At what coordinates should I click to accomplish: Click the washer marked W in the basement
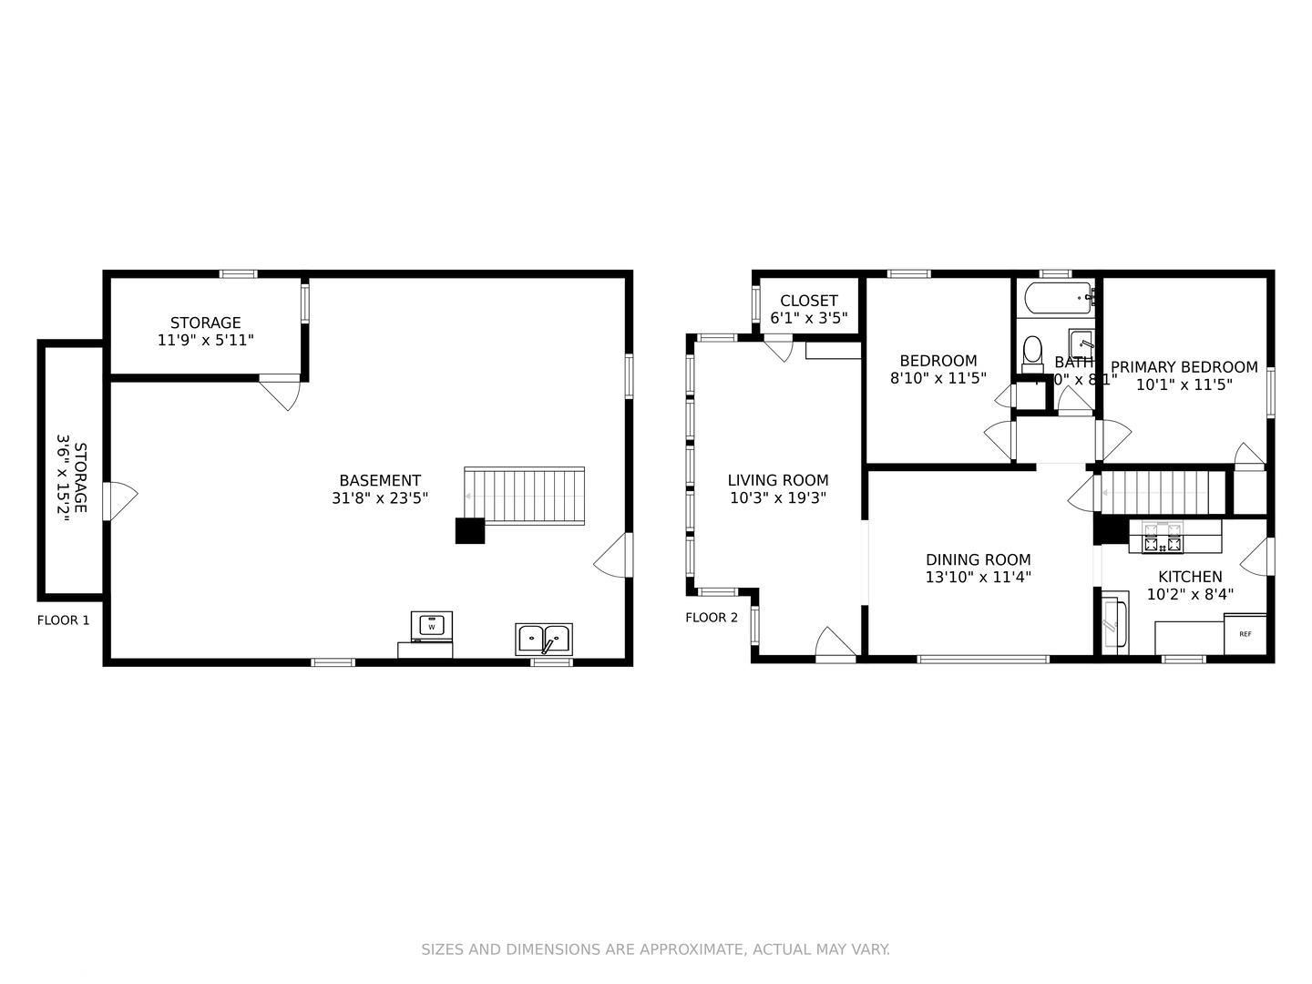click(x=432, y=626)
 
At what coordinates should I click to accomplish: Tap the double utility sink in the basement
click(x=544, y=639)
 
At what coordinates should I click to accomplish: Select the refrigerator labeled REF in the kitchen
click(x=1245, y=634)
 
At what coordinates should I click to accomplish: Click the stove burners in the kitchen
click(x=1163, y=537)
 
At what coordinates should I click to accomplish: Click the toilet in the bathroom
click(x=1032, y=353)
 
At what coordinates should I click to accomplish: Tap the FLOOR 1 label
click(x=63, y=620)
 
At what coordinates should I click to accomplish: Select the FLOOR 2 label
click(x=712, y=618)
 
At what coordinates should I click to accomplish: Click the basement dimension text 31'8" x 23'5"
click(x=380, y=498)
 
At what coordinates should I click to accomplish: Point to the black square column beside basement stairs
click(x=470, y=530)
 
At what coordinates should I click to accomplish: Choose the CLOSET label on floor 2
click(x=808, y=301)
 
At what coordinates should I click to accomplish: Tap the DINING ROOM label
click(x=978, y=560)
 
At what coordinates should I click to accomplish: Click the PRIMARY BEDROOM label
click(x=1184, y=367)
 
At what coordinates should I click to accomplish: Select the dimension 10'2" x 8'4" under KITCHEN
click(x=1190, y=594)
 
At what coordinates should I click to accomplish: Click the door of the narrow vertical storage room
click(x=118, y=500)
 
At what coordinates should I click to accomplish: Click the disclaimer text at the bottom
click(x=655, y=949)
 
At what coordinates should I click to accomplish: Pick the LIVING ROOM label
click(x=777, y=480)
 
